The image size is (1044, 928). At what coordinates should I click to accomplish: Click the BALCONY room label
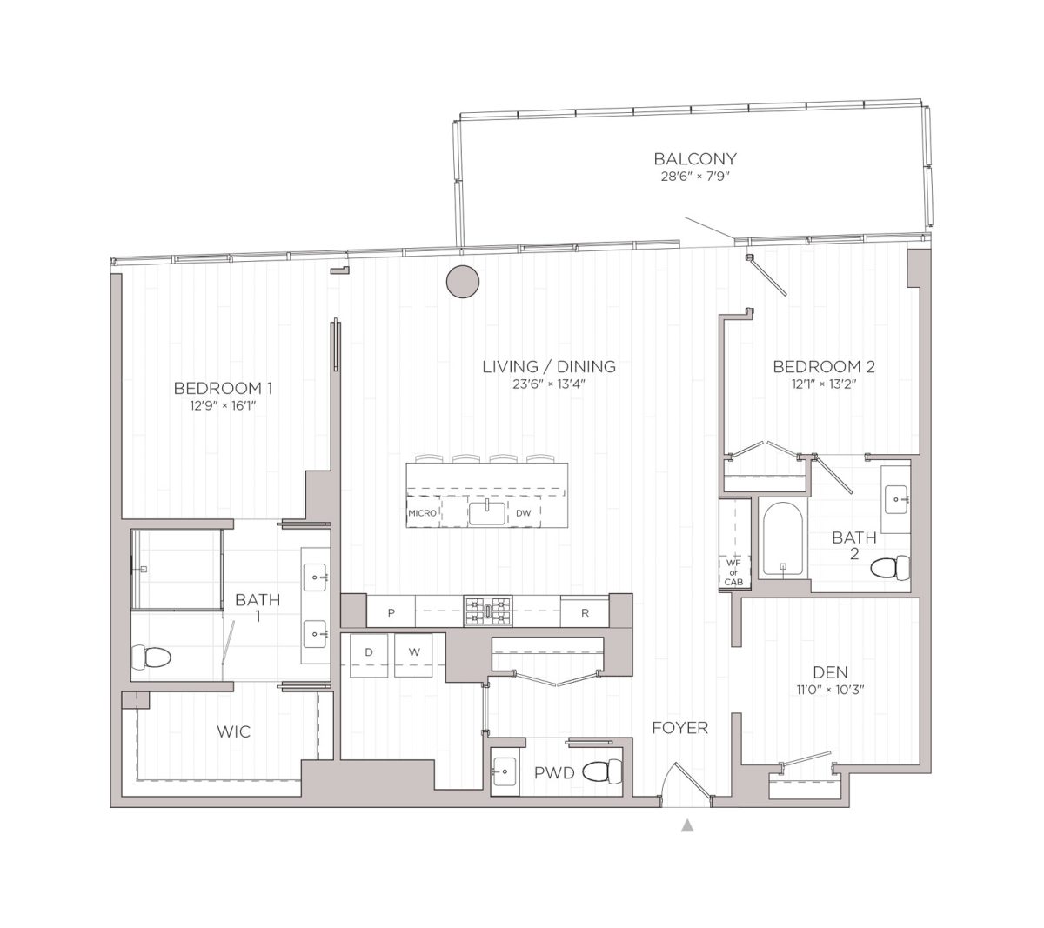coord(695,159)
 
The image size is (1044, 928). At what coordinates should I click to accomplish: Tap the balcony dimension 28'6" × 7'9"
coord(695,177)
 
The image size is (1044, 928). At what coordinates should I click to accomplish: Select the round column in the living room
coord(463,281)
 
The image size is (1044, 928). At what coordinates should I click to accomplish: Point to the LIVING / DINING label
coord(549,367)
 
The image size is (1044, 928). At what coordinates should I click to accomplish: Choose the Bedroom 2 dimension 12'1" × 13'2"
coord(823,384)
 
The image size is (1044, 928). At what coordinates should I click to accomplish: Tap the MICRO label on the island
coord(423,513)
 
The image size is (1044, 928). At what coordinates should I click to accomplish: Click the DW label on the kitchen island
coord(523,513)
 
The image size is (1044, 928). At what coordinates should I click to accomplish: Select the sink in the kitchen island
coord(487,512)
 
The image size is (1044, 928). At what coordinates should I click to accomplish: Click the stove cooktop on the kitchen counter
coord(488,611)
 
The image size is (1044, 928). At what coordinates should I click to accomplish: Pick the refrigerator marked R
coord(585,612)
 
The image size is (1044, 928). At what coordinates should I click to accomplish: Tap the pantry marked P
coord(391,612)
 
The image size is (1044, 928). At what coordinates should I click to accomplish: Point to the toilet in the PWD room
coord(603,771)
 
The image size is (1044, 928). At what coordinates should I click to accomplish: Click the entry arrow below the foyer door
coord(687,825)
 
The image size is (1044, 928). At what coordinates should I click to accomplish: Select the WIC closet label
coord(233,732)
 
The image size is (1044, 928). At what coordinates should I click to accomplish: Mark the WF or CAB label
coord(734,572)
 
